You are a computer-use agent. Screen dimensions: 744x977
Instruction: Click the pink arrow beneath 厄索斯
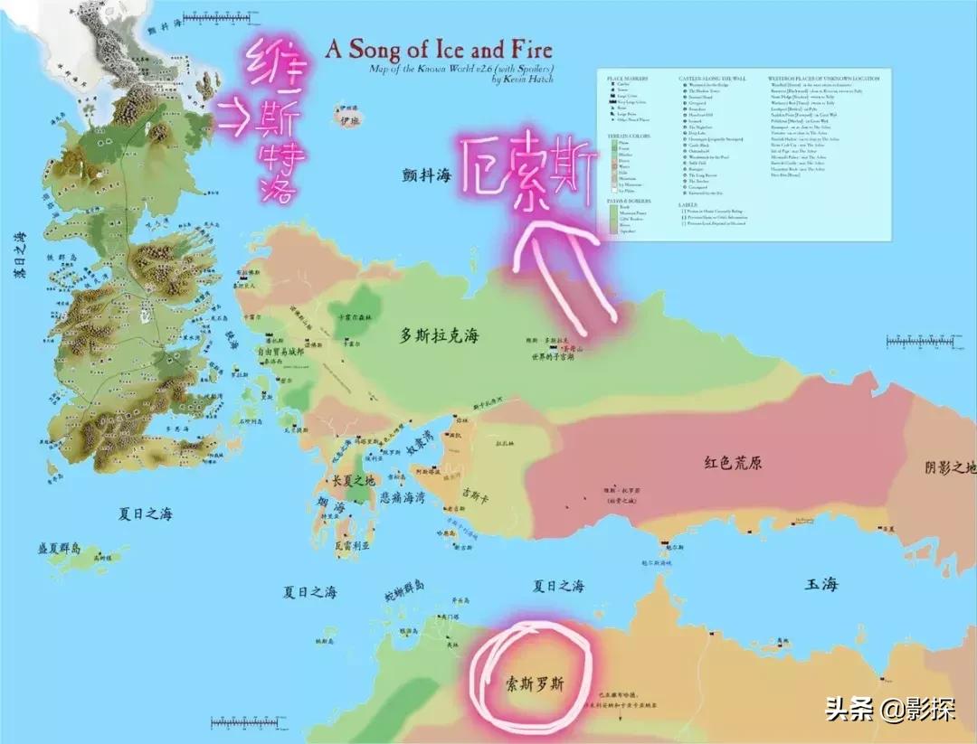click(562, 262)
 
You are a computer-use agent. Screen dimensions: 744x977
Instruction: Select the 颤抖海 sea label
click(427, 176)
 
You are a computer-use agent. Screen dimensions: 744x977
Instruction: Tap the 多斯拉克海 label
click(439, 336)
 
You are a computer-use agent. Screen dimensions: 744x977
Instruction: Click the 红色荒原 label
click(733, 462)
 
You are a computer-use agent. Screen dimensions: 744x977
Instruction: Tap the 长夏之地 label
click(356, 481)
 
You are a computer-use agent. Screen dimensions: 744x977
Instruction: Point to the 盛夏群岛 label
click(59, 549)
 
